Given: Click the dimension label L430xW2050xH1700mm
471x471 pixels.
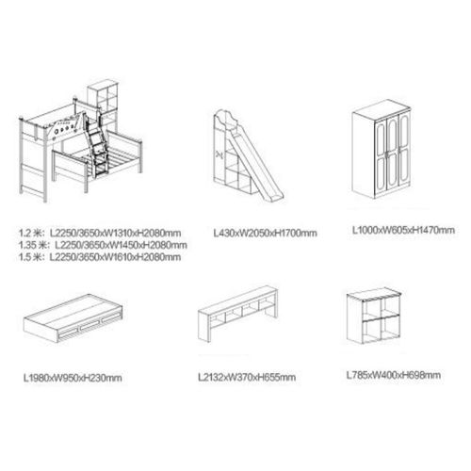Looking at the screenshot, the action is [x=265, y=234].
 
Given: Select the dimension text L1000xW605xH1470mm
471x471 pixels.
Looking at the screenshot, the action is [x=403, y=230].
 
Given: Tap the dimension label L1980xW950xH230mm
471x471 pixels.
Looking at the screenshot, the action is [x=73, y=378].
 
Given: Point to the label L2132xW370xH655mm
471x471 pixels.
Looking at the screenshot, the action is [x=247, y=377].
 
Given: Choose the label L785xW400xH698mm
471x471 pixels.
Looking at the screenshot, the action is [x=394, y=375].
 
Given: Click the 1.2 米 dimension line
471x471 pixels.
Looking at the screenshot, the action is [x=100, y=233].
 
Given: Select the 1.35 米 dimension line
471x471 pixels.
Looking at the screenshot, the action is [x=103, y=245].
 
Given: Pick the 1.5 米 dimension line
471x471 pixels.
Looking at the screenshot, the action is [x=100, y=257].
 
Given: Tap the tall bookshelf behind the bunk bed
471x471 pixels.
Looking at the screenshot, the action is [x=103, y=104].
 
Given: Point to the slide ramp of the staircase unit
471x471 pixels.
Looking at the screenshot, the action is [x=257, y=163].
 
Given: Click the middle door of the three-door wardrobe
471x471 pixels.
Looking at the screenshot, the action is [x=392, y=154].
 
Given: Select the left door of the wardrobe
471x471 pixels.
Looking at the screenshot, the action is [x=381, y=158].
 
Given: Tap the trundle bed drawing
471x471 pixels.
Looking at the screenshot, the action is [x=73, y=317].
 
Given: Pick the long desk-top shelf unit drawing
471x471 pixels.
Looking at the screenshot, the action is [x=237, y=313].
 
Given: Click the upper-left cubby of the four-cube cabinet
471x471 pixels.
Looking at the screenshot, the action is [x=371, y=311].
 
